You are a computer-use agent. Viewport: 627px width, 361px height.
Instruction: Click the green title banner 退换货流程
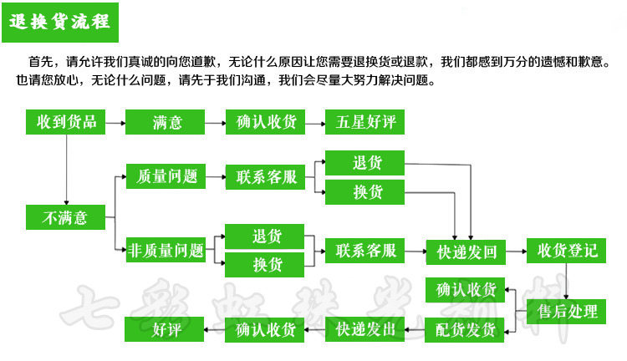(62, 21)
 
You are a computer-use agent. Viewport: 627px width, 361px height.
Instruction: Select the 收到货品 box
(66, 122)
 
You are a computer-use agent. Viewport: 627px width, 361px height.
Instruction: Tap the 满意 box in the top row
(166, 122)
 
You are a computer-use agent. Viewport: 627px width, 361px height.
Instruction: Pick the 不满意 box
(66, 217)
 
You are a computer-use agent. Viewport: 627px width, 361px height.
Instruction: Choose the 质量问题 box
(166, 176)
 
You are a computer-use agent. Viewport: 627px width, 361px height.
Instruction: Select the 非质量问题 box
(166, 249)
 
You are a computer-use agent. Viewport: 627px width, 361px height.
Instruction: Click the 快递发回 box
(466, 250)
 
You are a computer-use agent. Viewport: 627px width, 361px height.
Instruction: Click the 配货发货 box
(466, 329)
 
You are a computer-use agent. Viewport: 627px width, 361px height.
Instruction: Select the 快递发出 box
(365, 329)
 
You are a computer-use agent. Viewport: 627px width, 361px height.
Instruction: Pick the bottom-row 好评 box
(166, 329)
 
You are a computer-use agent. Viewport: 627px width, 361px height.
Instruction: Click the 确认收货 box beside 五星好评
(267, 122)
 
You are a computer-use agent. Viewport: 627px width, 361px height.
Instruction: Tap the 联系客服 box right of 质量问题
(267, 176)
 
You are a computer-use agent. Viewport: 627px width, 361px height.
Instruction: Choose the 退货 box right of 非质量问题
(267, 236)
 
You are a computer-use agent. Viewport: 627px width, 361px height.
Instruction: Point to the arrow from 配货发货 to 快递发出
(415, 329)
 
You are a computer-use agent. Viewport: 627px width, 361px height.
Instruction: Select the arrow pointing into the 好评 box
(216, 329)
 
